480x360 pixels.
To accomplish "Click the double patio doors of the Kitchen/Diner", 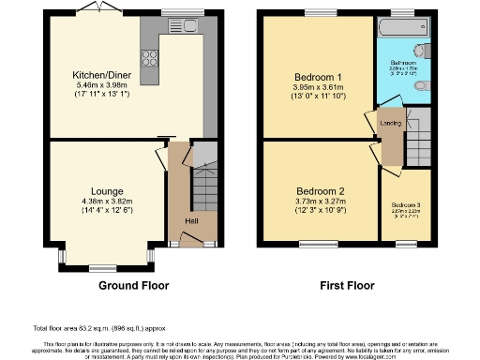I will [x=91, y=11].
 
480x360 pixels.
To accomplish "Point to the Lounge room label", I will [x=107, y=191].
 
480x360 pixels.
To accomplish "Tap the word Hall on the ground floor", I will [x=190, y=220].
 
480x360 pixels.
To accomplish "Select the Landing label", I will [x=390, y=123].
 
